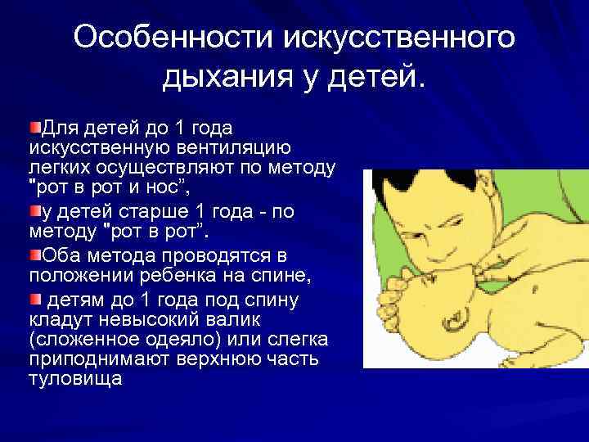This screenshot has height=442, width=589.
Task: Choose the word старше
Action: (x=151, y=211)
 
